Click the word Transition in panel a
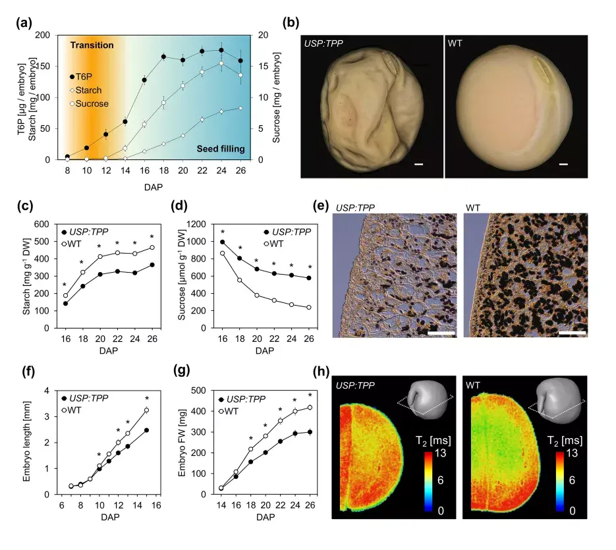[92, 45]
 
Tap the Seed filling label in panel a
[221, 149]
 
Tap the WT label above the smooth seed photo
[455, 43]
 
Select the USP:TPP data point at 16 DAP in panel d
[221, 242]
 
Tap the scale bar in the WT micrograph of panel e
[572, 333]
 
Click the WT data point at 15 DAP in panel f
[146, 410]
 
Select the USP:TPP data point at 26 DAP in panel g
[309, 432]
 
